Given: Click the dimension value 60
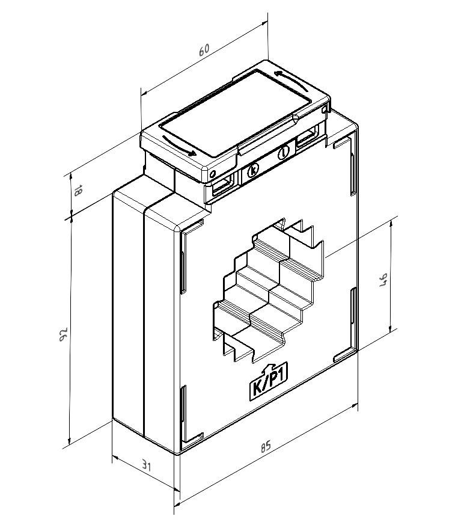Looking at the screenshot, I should pos(204,50).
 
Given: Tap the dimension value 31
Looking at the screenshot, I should pos(145,465).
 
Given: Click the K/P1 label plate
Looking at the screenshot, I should pos(269,383).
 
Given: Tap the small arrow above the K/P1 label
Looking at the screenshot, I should pos(267,368).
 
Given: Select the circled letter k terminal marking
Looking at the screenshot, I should pos(253,170).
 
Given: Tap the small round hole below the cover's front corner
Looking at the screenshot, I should pos(212,174).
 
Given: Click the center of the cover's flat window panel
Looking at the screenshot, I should pos(236,112).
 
